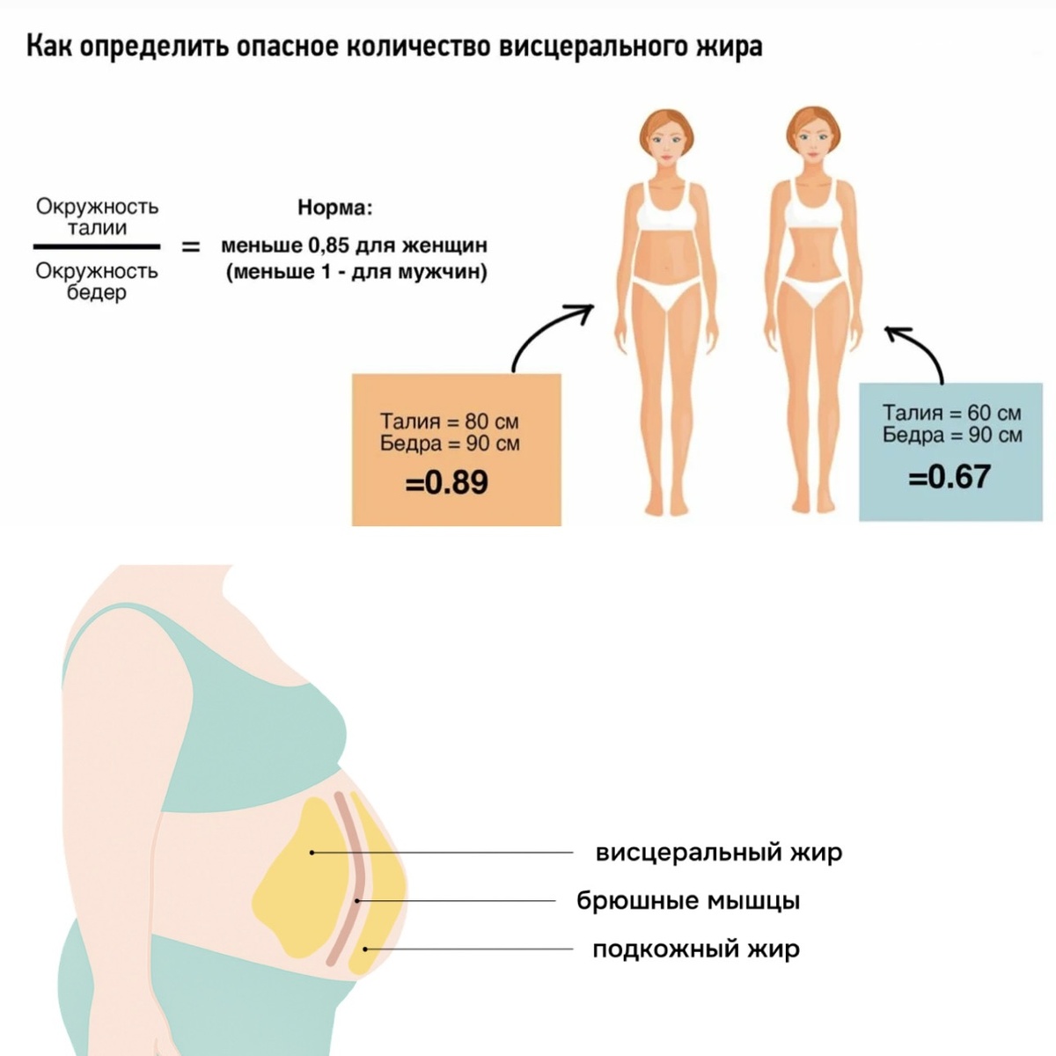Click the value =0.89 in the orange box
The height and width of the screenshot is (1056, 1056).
446,482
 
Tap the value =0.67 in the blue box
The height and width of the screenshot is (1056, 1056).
950,476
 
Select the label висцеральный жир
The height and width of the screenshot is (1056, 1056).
718,852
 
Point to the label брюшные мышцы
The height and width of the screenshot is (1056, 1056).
688,900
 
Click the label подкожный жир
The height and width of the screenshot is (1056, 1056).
695,950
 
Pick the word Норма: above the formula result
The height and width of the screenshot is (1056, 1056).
334,209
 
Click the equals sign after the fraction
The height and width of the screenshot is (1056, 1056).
191,247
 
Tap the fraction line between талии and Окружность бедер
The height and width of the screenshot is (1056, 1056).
97,247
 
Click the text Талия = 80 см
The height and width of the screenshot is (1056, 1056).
449,421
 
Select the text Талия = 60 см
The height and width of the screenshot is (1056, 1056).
951,413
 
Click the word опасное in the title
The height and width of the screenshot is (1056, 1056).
283,46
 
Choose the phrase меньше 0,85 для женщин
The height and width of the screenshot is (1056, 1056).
354,246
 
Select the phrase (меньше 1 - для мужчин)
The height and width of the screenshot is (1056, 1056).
356,271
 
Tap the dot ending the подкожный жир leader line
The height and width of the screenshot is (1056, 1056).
365,949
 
